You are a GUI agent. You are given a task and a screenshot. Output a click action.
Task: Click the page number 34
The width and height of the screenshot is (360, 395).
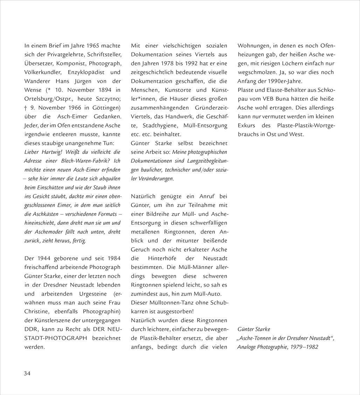click(27, 373)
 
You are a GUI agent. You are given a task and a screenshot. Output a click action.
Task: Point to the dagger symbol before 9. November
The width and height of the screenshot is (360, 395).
click(26, 107)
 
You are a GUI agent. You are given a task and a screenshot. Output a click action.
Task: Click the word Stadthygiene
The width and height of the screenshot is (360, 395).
click(160, 125)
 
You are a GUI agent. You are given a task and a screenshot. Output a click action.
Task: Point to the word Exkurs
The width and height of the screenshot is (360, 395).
click(247, 125)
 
